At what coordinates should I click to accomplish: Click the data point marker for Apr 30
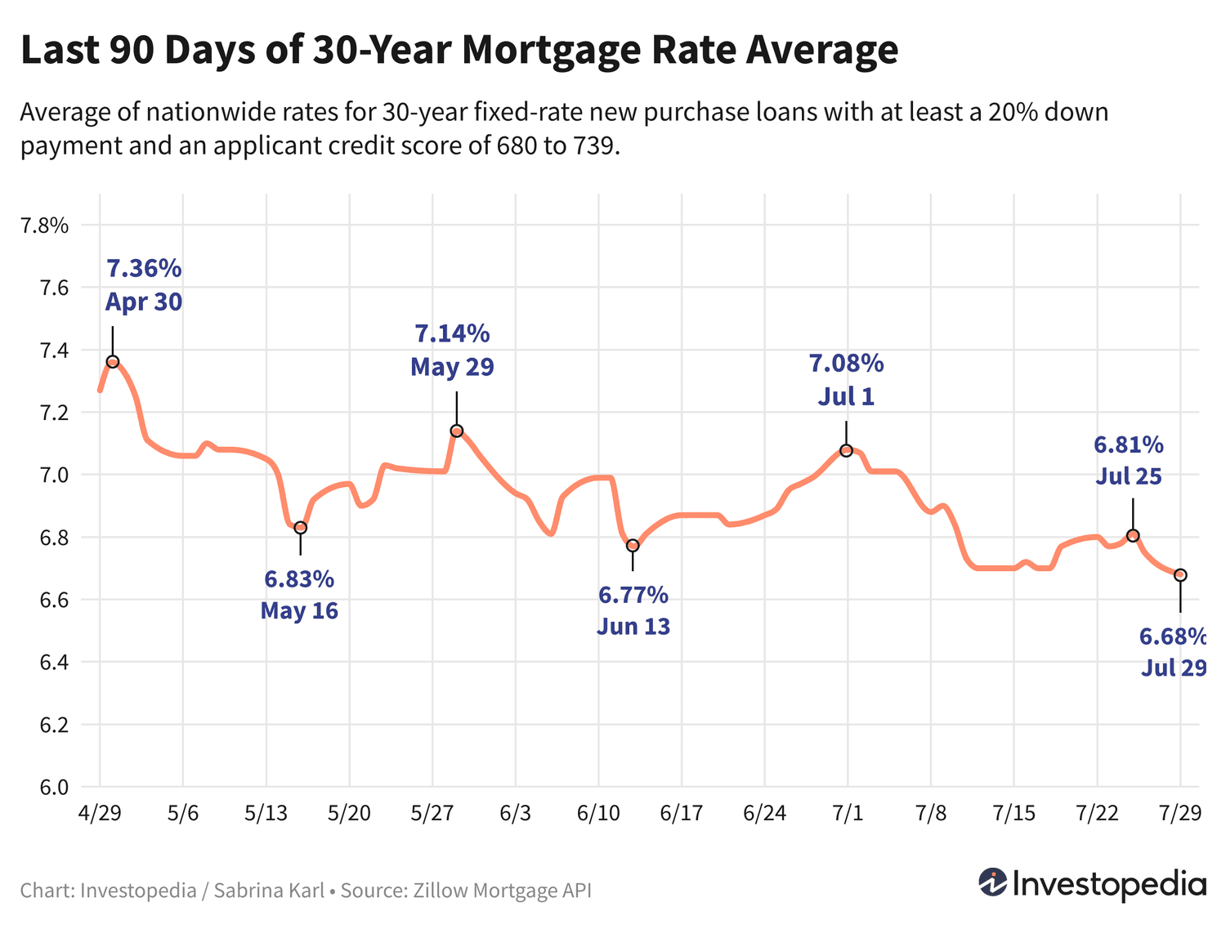coord(113,362)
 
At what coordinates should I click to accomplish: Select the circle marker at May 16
coord(301,528)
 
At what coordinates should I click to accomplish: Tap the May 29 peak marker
coord(457,431)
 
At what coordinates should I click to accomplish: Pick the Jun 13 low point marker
coord(633,546)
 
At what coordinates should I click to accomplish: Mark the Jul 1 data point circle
coord(847,451)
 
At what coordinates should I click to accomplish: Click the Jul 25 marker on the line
coord(1133,535)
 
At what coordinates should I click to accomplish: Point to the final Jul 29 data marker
coord(1180,575)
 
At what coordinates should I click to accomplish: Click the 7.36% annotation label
coord(144,268)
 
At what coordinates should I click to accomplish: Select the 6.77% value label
coord(633,595)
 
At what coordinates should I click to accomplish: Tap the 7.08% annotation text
coord(847,363)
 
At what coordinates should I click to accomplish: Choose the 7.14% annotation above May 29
coord(452,333)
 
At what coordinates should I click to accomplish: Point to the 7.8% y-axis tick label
coord(44,226)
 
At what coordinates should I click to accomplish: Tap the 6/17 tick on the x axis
coord(681,814)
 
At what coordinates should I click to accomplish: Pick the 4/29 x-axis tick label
coord(99,814)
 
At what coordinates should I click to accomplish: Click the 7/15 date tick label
coord(1013,814)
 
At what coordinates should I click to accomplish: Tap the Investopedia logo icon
coord(993,882)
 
